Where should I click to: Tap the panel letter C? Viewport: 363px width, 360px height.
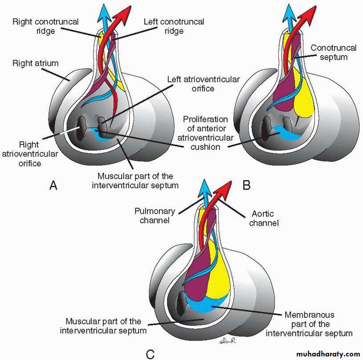(150, 354)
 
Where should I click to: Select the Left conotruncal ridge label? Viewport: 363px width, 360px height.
(167, 26)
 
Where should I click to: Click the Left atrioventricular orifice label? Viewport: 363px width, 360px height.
(204, 84)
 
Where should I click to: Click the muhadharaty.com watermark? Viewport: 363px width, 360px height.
(321, 354)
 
